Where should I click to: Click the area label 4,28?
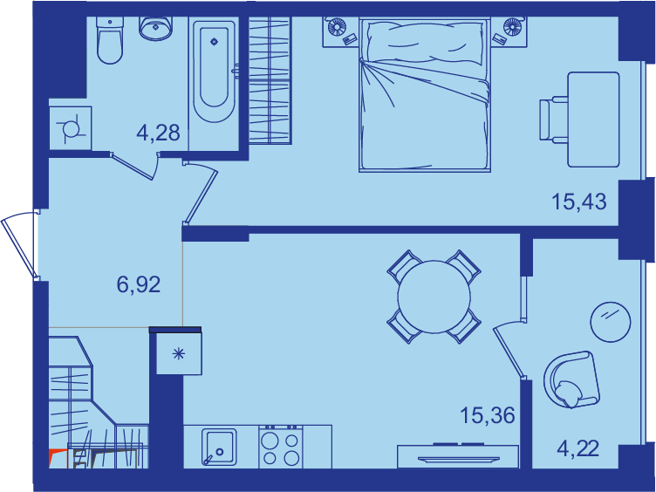click(158, 133)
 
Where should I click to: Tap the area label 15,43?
click(579, 202)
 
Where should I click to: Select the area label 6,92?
click(139, 285)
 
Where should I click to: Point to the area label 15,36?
click(488, 415)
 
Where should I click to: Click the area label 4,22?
click(578, 449)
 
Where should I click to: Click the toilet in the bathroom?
click(110, 40)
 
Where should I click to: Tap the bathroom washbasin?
click(155, 29)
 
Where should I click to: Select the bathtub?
click(214, 70)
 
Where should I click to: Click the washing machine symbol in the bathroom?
click(71, 128)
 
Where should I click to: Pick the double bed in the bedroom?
click(424, 95)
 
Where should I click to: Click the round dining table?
click(434, 297)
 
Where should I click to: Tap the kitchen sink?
click(219, 447)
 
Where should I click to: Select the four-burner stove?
click(281, 447)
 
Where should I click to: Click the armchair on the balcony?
click(571, 379)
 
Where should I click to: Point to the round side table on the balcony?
click(611, 322)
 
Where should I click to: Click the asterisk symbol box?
click(179, 354)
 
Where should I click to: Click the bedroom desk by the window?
click(593, 120)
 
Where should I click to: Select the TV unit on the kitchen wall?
click(458, 456)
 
